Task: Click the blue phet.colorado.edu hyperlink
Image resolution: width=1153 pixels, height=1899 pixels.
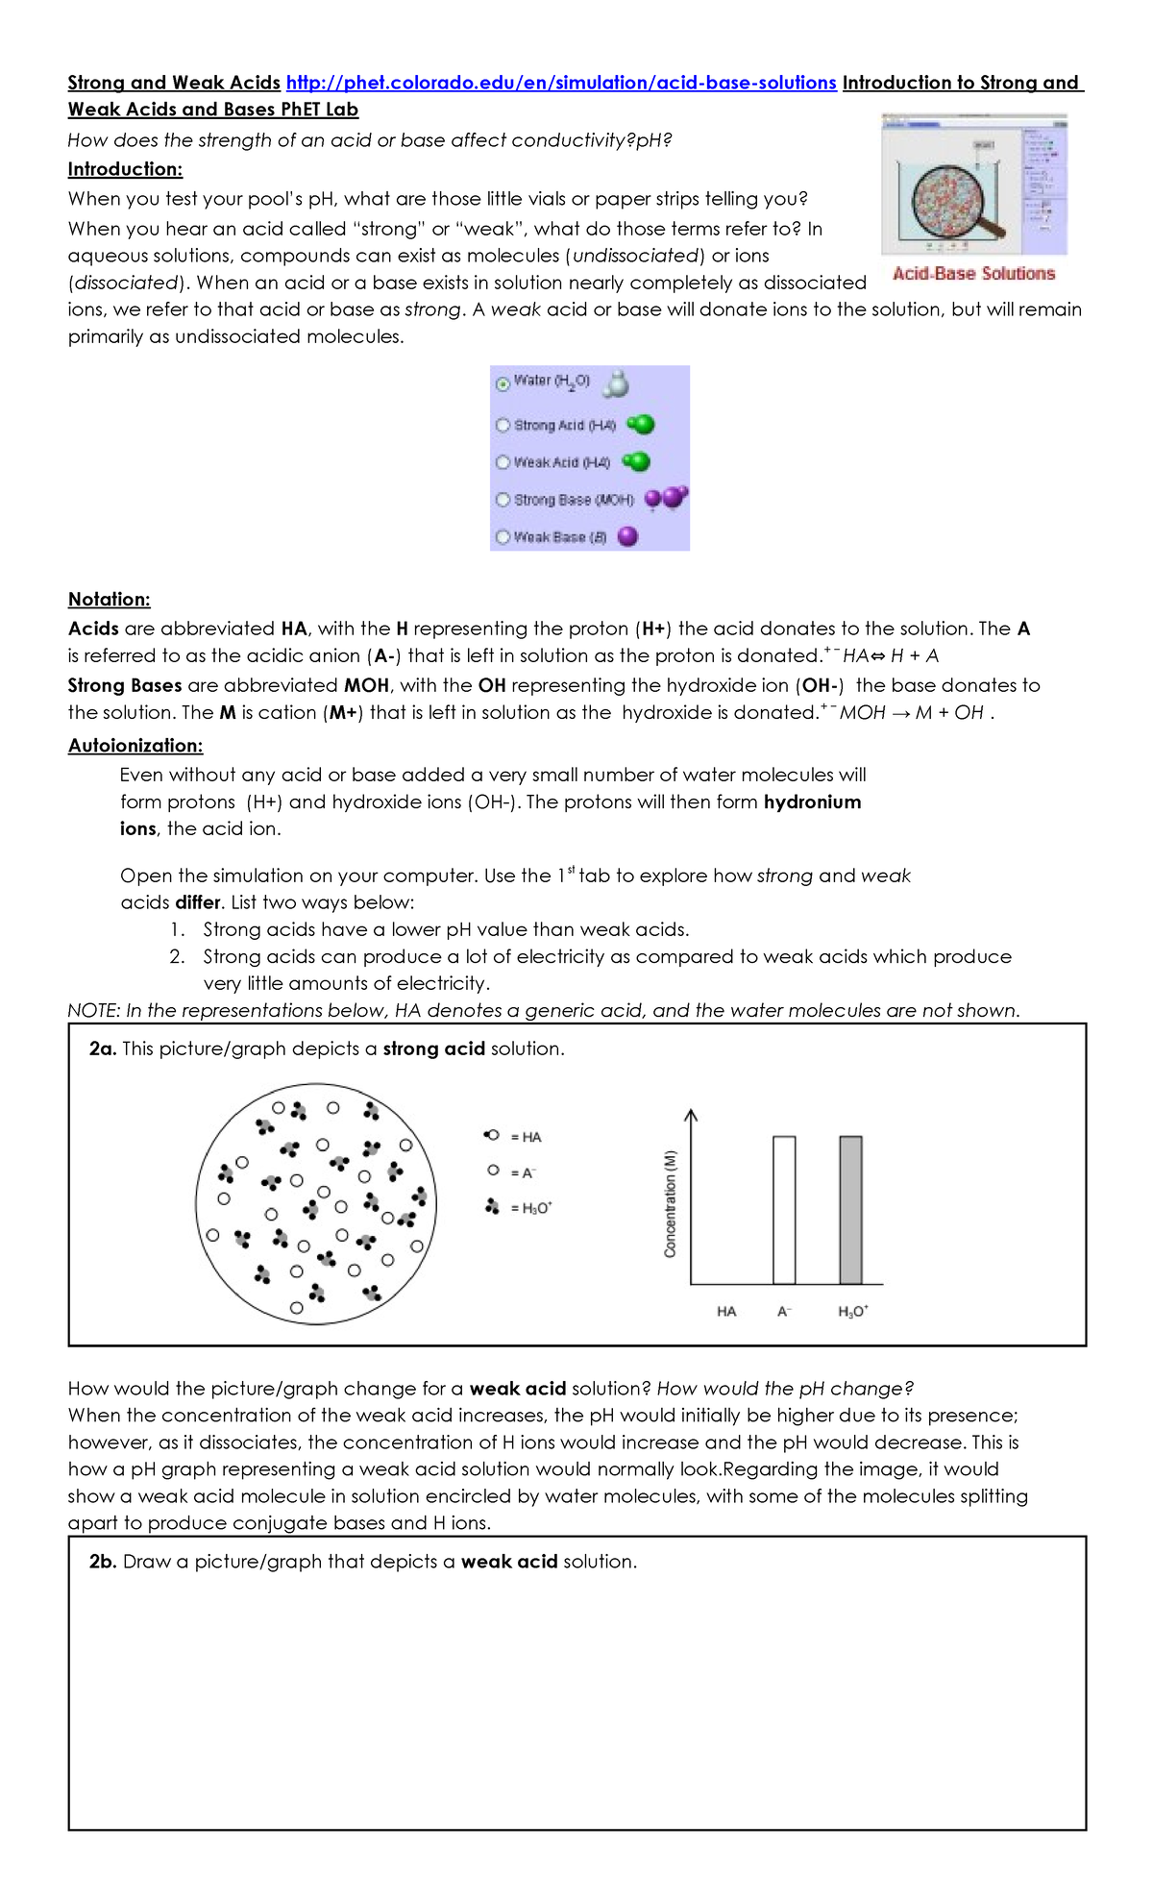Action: click(561, 83)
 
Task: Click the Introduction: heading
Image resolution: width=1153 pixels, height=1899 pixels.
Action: click(125, 169)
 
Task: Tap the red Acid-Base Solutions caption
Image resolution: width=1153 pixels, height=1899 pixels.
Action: click(973, 274)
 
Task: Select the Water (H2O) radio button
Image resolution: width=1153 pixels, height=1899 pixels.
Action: click(503, 383)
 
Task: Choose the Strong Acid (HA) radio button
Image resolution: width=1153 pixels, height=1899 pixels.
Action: click(503, 425)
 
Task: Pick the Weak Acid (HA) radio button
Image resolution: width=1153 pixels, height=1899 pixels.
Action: click(503, 462)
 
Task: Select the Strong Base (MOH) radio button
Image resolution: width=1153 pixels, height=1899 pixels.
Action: click(503, 500)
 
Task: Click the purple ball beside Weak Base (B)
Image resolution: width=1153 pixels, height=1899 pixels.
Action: click(627, 536)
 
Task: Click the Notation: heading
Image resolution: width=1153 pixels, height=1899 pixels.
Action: click(109, 599)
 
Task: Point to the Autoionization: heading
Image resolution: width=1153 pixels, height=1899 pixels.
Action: click(135, 745)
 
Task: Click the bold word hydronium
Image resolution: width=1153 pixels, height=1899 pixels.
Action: click(812, 802)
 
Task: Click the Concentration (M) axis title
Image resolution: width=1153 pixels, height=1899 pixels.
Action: click(671, 1203)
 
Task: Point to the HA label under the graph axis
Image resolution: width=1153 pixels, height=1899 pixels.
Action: click(726, 1311)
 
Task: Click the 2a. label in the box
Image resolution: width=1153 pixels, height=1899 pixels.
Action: click(103, 1048)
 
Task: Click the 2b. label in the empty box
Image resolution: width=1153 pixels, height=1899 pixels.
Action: click(103, 1562)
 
